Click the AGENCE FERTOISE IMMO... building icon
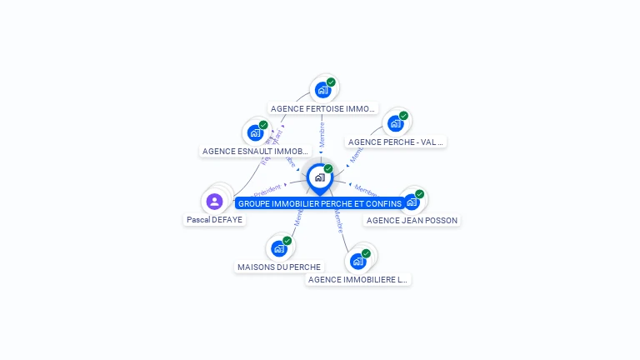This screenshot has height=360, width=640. click(322, 90)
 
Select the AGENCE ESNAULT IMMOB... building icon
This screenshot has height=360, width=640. click(255, 132)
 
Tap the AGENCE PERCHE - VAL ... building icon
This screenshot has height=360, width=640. click(395, 123)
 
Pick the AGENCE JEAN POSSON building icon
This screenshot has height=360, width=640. click(411, 202)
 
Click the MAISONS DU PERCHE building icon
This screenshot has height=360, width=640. click(278, 248)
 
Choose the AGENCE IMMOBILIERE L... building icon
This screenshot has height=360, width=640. click(357, 261)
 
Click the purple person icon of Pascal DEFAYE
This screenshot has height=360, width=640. click(214, 201)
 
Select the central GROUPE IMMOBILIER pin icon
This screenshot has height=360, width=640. click(319, 177)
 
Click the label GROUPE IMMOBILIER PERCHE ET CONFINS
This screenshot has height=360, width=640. click(320, 203)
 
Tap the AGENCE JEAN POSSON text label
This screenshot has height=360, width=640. click(412, 220)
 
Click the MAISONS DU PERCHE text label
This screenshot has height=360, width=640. click(279, 267)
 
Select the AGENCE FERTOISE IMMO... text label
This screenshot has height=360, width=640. click(323, 108)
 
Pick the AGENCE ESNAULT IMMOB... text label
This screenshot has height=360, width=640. click(255, 152)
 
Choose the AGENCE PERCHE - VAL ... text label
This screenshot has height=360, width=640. click(396, 142)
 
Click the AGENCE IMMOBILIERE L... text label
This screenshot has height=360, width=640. click(357, 280)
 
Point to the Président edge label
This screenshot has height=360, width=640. click(267, 190)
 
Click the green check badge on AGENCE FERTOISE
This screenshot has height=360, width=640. click(331, 82)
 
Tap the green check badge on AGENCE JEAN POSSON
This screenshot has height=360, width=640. click(419, 194)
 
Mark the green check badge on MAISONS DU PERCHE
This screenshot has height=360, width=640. click(287, 241)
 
